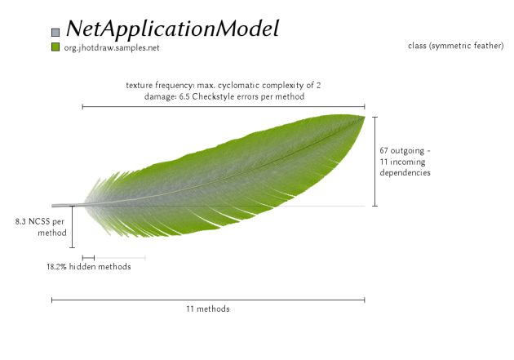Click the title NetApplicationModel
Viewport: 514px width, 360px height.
coord(172,29)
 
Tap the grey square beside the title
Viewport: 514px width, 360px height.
coord(55,32)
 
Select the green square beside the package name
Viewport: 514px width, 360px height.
coord(55,48)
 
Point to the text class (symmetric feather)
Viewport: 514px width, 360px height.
coord(455,46)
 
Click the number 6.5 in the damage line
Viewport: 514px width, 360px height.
coord(185,96)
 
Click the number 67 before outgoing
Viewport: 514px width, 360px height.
coord(385,151)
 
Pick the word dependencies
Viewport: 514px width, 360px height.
coord(405,173)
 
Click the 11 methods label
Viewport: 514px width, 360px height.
coord(208,309)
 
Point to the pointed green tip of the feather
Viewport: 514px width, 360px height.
coord(361,118)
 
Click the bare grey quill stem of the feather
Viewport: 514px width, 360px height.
coord(65,206)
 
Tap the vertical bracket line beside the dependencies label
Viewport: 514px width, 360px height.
coord(374,161)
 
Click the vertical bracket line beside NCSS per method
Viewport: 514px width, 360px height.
coord(72,226)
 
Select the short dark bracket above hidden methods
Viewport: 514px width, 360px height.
coord(88,258)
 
